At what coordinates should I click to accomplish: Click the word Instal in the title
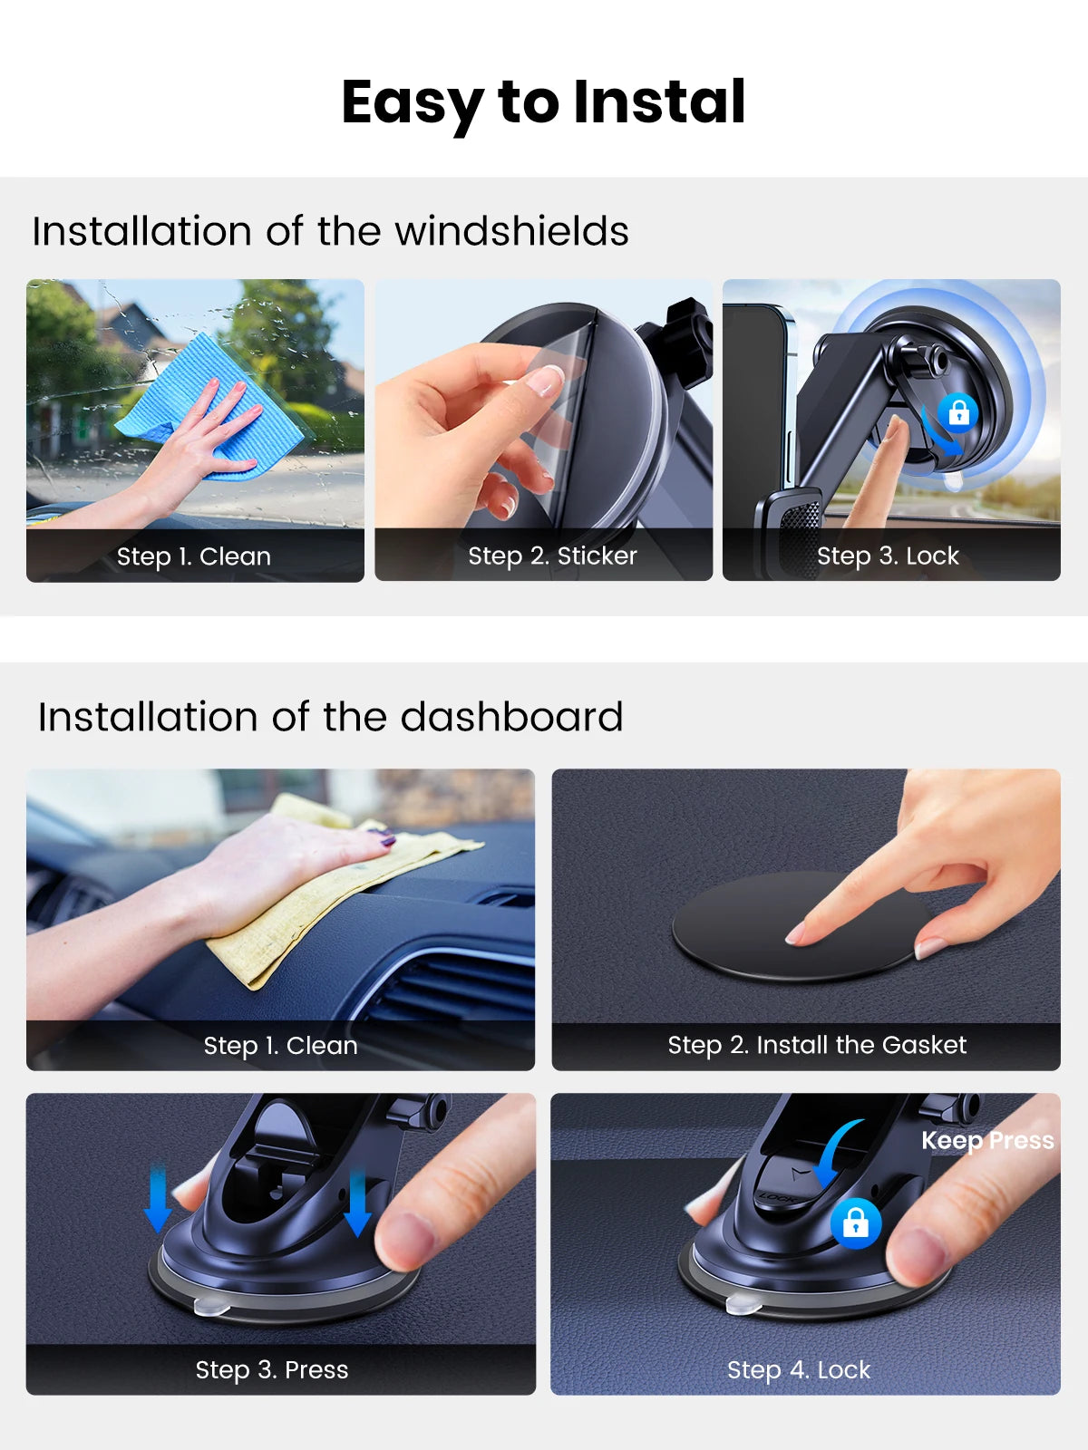pos(659,101)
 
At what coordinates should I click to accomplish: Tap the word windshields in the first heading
pos(511,231)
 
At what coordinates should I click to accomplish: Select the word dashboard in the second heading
pos(511,717)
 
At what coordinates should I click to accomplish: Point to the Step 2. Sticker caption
pos(552,556)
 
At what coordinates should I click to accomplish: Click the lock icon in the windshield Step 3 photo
pos(958,413)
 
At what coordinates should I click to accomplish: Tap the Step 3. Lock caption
pos(888,556)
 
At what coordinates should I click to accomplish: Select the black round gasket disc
pos(800,926)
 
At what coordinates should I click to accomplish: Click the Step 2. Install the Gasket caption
pos(817,1045)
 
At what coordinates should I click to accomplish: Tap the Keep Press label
pos(987,1141)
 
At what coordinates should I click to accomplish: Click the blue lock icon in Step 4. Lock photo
pos(856,1223)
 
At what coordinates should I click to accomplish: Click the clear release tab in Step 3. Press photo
pos(212,1306)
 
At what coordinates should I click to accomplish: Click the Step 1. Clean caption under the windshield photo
pos(193,556)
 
